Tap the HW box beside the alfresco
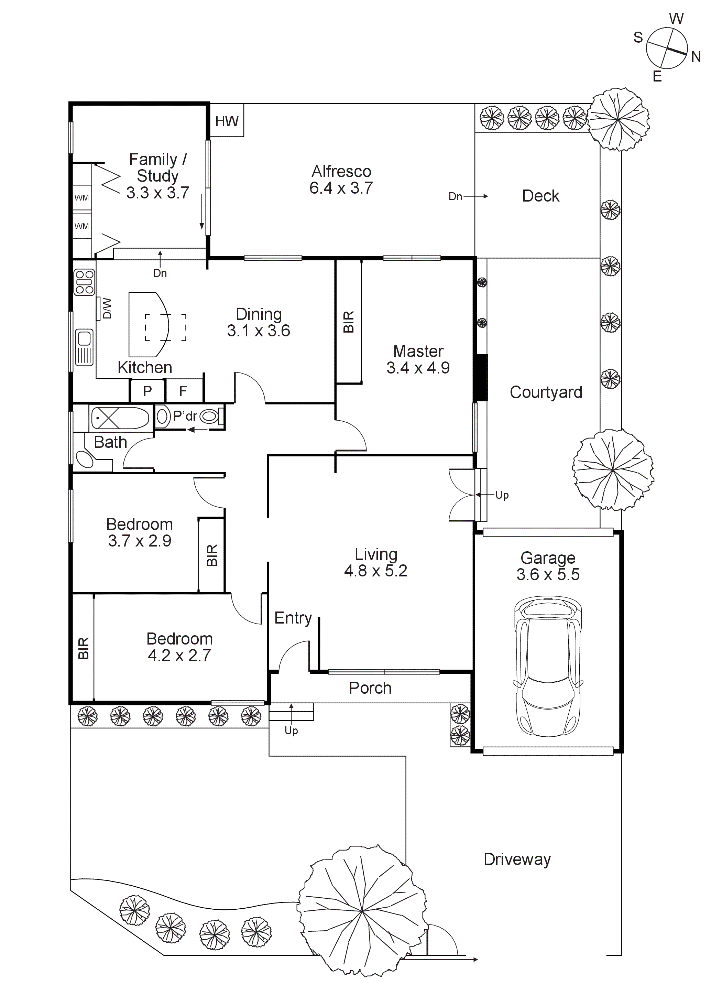tap(227, 121)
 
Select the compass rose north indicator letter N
tap(696, 57)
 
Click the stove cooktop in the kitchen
tap(84, 282)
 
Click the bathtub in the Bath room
tap(119, 418)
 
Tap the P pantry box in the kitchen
tap(147, 391)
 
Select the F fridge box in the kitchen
tap(183, 391)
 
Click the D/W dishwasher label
tap(107, 309)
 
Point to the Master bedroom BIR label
tap(349, 322)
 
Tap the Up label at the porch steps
tap(291, 731)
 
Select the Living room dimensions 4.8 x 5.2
tap(375, 571)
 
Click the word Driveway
tap(517, 859)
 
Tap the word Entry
tap(293, 618)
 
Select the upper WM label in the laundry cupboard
tap(82, 198)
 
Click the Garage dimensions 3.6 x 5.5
tap(548, 574)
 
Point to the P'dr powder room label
tap(185, 416)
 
